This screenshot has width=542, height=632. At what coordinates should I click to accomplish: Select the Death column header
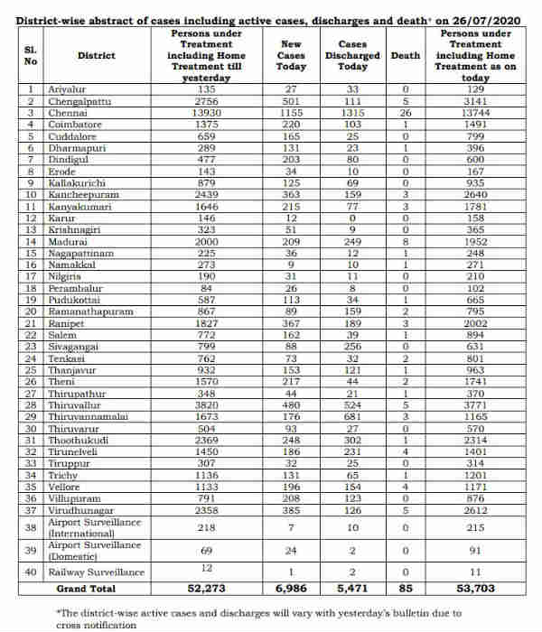pos(406,56)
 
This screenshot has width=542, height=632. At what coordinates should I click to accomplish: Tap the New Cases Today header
pos(291,56)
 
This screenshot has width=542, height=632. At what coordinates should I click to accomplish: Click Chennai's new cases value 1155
pos(291,113)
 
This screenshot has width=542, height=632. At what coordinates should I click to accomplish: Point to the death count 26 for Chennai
pos(406,113)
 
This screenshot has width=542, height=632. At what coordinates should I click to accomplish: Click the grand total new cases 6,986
pos(291,588)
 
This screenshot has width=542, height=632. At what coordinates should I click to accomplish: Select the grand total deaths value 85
pos(406,588)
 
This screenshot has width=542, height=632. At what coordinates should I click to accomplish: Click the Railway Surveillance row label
pos(96,572)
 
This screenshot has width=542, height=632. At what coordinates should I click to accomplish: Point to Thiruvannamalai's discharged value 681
pos(352,416)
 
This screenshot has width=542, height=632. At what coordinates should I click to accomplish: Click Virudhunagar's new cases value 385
pos(291,510)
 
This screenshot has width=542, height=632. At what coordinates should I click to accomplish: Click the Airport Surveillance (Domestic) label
pos(96,550)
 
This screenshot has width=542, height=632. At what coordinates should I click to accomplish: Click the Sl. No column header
pos(32,56)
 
